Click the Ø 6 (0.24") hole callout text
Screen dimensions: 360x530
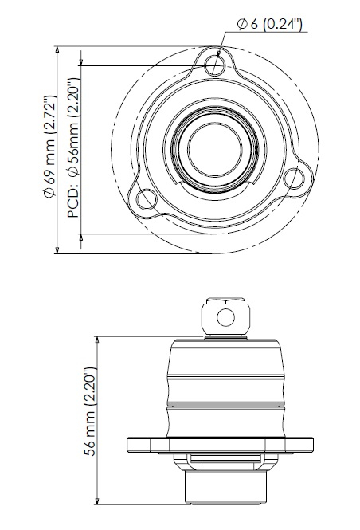pyautogui.click(x=269, y=25)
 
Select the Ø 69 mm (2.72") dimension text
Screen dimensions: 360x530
pyautogui.click(x=50, y=146)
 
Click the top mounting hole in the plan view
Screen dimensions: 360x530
pyautogui.click(x=215, y=65)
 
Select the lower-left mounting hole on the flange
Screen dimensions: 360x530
pyautogui.click(x=147, y=200)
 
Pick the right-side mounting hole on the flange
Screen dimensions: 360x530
pyautogui.click(x=293, y=179)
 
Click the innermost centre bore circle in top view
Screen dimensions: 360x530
pyautogui.click(x=215, y=149)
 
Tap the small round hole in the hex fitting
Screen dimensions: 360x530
pyautogui.click(x=225, y=317)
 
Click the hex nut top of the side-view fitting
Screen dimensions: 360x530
pyautogui.click(x=225, y=300)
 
